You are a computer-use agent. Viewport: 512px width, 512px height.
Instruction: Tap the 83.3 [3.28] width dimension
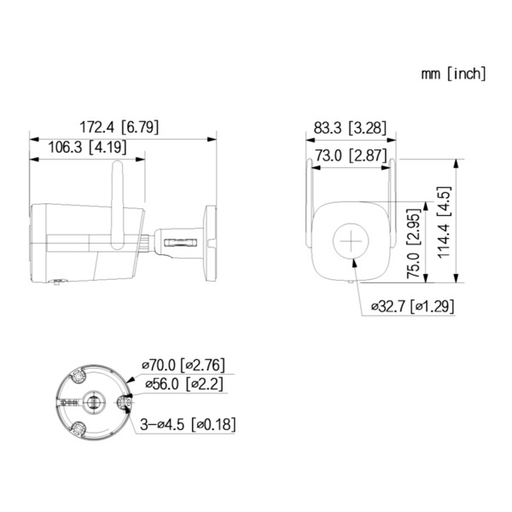point(350,128)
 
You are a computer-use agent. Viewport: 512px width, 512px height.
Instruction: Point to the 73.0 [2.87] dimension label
point(351,154)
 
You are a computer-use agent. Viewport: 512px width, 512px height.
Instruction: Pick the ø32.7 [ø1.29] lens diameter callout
point(412,305)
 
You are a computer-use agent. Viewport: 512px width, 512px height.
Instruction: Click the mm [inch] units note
point(453,73)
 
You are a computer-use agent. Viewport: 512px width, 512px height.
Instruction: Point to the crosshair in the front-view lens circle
point(350,240)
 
